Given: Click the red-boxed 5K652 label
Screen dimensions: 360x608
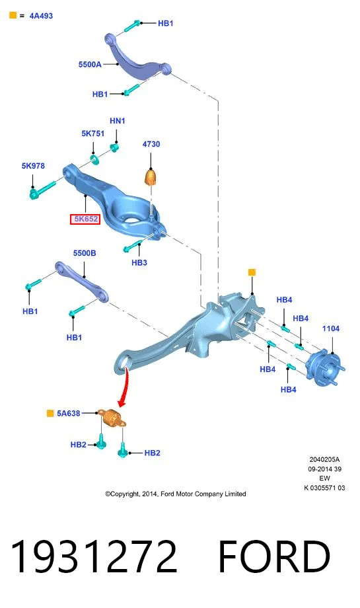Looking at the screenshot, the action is (x=85, y=219).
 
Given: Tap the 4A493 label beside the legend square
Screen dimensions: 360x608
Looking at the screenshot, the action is (x=41, y=16).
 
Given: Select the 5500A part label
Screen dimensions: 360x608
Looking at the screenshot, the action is (x=90, y=64).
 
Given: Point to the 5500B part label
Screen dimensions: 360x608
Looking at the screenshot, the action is (x=85, y=253).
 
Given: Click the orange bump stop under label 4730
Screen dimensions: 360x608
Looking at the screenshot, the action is (x=151, y=177).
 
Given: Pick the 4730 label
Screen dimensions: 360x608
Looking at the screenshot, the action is (x=151, y=144).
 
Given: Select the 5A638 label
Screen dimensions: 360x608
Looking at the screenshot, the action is (x=69, y=413).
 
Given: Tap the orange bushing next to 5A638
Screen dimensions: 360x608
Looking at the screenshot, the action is (x=112, y=418).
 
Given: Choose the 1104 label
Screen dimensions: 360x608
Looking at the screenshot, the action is (x=331, y=329).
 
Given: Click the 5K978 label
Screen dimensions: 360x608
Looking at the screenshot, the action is (x=33, y=166).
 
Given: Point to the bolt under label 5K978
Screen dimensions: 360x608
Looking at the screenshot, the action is (x=42, y=189).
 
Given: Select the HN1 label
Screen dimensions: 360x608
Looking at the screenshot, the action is (x=118, y=121).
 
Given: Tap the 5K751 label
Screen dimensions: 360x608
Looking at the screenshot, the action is (x=93, y=133).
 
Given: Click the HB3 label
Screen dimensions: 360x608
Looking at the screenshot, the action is (x=139, y=262).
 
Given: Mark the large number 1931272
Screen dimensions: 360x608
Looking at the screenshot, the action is (x=94, y=556).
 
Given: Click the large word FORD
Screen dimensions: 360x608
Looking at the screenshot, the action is (x=274, y=556).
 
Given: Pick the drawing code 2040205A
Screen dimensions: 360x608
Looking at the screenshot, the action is (x=324, y=459).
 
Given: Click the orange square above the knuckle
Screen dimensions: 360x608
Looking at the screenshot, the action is (x=252, y=272).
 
